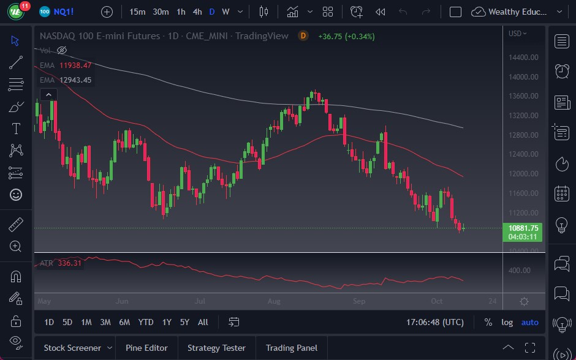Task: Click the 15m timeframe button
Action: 137,12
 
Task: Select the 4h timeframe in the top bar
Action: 197,12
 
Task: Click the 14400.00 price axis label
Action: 523,58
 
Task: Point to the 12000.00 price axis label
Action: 523,174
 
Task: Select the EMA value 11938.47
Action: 75,66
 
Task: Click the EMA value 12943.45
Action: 75,80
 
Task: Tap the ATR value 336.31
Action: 69,263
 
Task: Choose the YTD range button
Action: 146,322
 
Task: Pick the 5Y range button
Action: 184,322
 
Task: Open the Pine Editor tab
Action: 146,348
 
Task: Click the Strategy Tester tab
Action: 216,348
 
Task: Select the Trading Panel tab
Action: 292,348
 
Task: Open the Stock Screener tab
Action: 72,348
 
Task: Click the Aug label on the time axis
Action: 274,301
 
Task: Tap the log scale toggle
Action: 507,322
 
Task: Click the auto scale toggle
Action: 529,322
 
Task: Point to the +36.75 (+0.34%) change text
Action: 346,36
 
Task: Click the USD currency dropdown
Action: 517,33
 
